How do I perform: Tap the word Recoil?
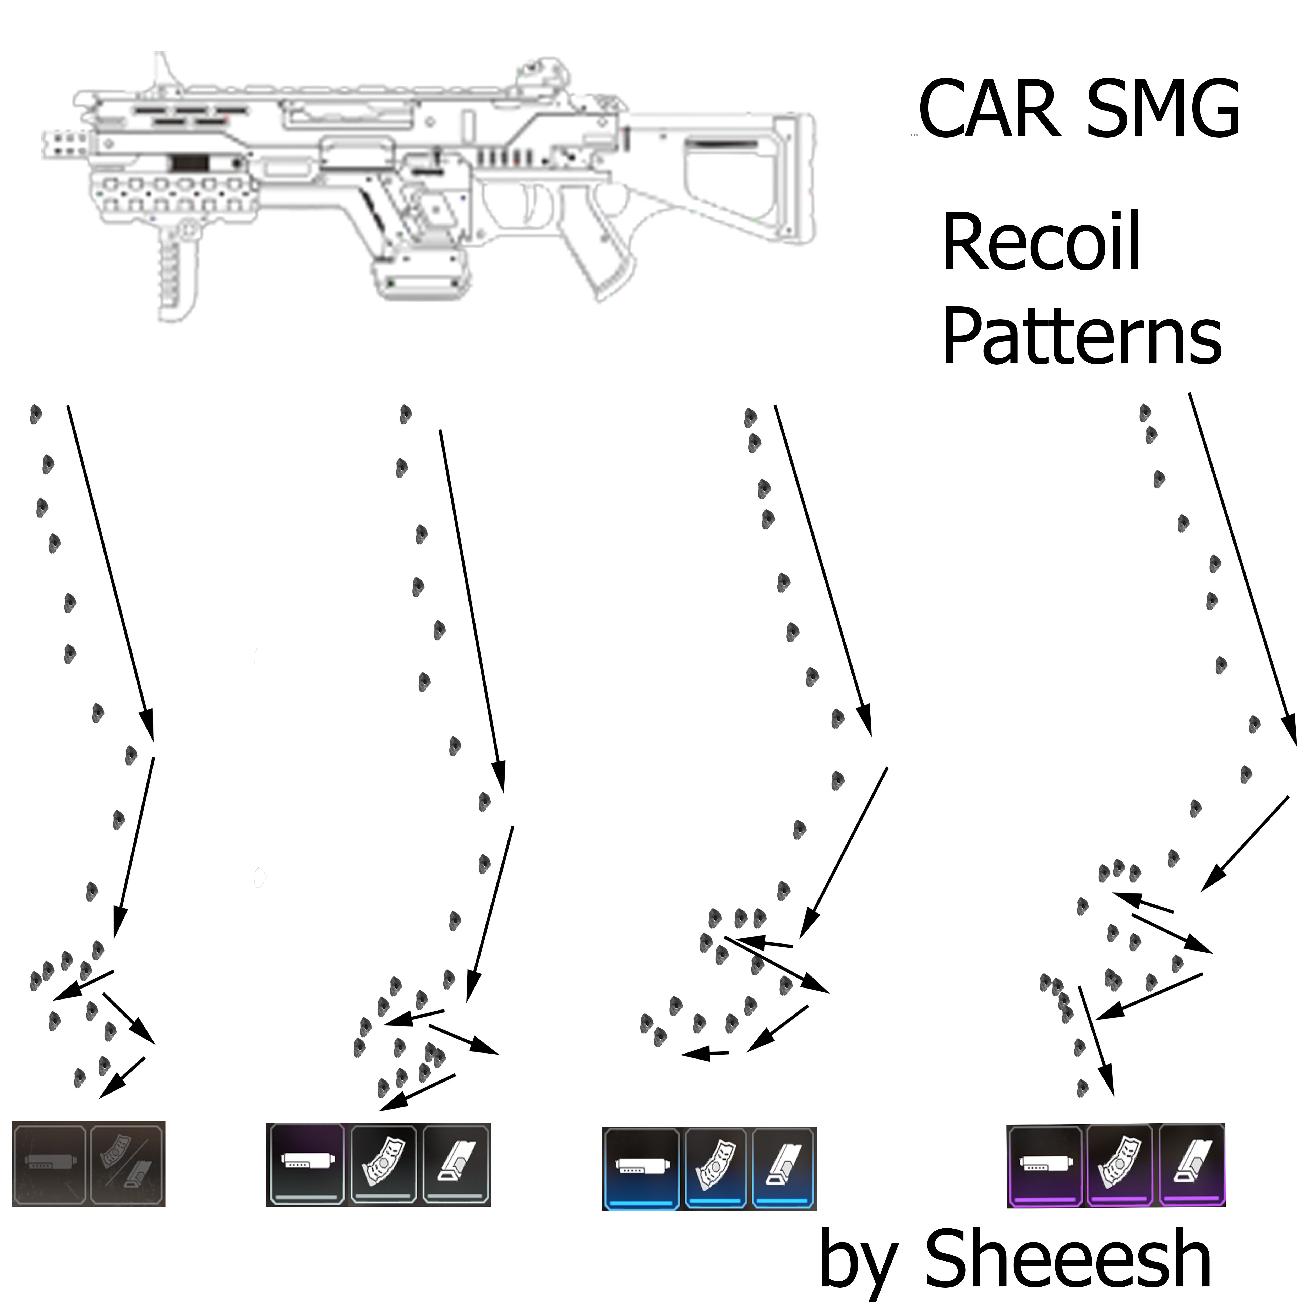point(1041,242)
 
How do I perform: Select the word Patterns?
point(1082,336)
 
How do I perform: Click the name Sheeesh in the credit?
point(1068,1258)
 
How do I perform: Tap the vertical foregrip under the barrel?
point(178,271)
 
